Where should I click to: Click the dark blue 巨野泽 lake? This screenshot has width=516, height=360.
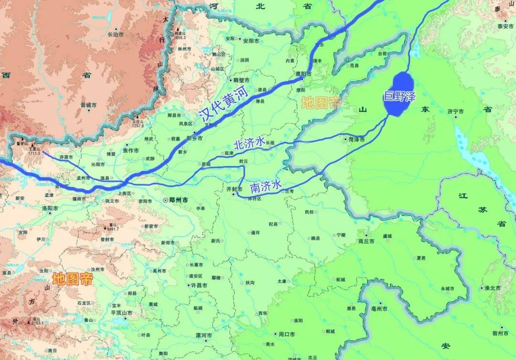click(400, 95)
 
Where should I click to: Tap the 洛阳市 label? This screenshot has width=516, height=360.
click(50, 208)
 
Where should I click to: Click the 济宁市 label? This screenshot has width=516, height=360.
click(456, 111)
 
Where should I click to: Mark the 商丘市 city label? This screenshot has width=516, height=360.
click(366, 241)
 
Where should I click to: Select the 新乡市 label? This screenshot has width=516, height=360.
click(194, 138)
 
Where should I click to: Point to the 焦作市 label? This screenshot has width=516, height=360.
click(130, 150)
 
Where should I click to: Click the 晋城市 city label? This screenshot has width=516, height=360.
click(88, 105)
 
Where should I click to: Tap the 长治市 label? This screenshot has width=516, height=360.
click(116, 34)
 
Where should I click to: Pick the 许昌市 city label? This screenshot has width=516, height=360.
click(198, 285)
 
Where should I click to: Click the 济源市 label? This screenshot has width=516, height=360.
click(66, 157)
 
